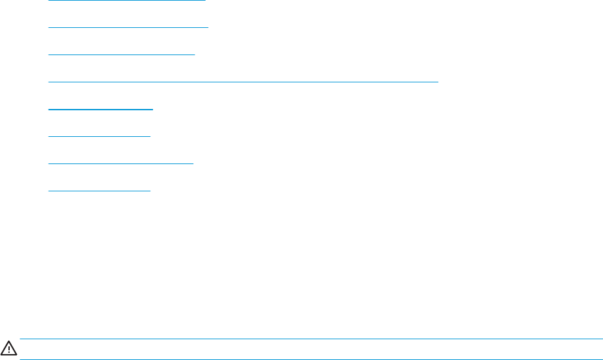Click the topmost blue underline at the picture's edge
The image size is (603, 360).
coord(126,1)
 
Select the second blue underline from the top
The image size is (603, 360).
coord(128,28)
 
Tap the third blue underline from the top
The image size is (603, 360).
coord(122,55)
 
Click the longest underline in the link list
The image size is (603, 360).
coord(244,82)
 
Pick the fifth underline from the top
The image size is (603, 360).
coord(101,110)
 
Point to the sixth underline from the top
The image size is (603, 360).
coord(99,136)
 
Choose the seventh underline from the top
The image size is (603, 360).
coord(121,163)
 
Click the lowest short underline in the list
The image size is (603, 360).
coord(99,191)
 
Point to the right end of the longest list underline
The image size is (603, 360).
coord(438,82)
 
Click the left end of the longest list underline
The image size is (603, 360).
coord(49,82)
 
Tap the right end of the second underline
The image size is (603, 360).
coord(207,28)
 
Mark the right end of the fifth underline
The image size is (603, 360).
coord(152,110)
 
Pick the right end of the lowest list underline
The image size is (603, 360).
coord(150,191)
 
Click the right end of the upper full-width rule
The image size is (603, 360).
coord(602,339)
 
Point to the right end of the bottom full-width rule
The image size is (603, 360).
coord(602,359)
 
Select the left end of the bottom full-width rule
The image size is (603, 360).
coord(21,359)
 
